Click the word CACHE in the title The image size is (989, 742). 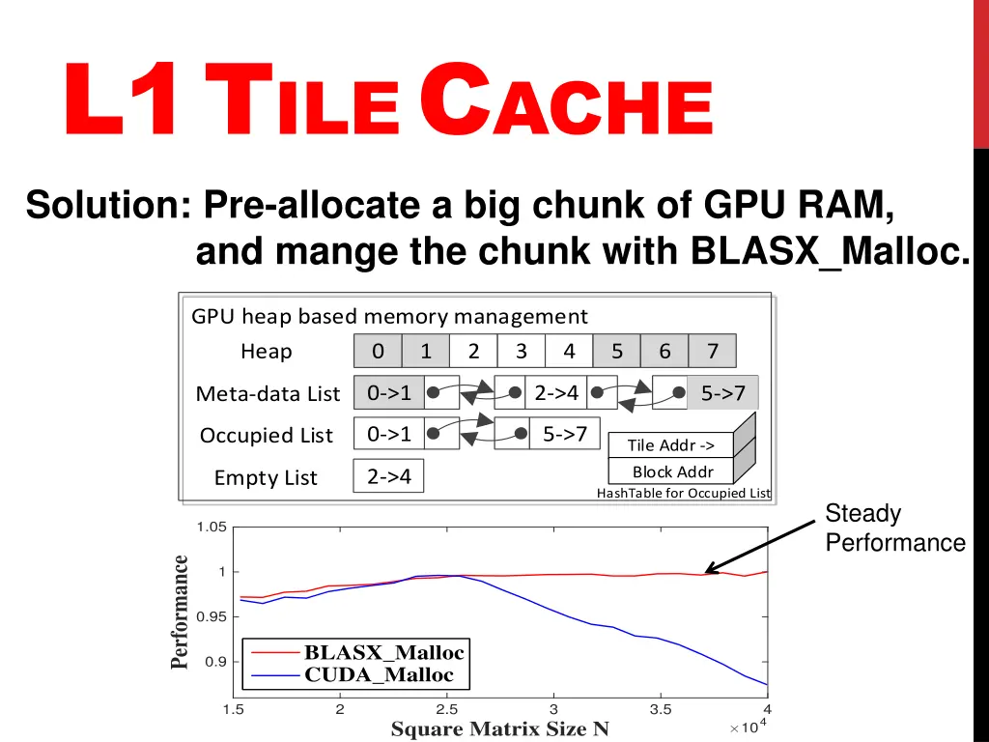[x=567, y=109]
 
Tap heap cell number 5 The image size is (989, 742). [x=616, y=352]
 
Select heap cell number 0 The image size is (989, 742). [x=378, y=352]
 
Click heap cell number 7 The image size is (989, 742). [x=712, y=352]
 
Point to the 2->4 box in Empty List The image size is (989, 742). [x=389, y=476]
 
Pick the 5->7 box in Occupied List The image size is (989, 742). [x=565, y=434]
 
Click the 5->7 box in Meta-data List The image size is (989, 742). [x=722, y=393]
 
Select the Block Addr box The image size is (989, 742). [x=672, y=471]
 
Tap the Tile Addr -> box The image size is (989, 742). [x=671, y=445]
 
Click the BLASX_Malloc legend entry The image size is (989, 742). [x=383, y=652]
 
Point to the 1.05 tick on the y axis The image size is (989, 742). [x=211, y=527]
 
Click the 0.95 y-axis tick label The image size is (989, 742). [x=211, y=616]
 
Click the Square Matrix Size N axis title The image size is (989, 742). [x=499, y=729]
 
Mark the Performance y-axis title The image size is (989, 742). [x=180, y=612]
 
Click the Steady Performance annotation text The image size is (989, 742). [x=894, y=528]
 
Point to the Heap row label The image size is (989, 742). [x=266, y=352]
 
